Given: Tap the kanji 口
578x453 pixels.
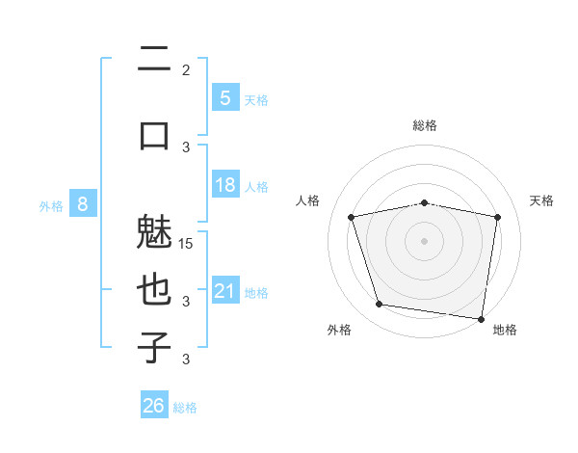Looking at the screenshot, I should point(154,134).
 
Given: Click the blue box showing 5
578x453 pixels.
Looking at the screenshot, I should point(224,98).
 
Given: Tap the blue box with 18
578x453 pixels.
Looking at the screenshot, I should point(224,185).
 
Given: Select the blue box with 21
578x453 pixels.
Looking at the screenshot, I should point(224,291).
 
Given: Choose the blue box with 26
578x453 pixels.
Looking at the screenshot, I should point(154,406).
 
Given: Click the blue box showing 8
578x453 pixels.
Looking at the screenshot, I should point(83,204).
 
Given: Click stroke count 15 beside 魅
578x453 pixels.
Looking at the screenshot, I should point(187,243).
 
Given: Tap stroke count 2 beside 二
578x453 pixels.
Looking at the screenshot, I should point(186,70).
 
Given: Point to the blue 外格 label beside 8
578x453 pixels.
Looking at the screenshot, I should point(51,205).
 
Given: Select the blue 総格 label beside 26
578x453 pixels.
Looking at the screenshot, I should point(185,408).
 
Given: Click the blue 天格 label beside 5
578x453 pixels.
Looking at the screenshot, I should point(256,99).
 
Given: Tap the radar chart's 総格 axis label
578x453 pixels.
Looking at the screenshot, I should point(425,125).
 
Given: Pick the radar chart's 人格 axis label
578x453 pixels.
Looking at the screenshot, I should point(308,200).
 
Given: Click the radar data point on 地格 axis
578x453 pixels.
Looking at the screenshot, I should point(482,318).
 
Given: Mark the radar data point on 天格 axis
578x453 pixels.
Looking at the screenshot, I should point(498,217).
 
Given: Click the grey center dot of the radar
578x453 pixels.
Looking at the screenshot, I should point(425,240).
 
